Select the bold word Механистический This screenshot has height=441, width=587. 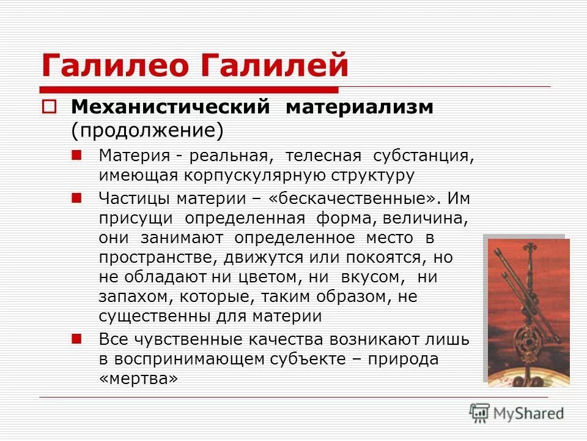[171, 107]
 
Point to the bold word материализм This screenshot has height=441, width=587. [360, 107]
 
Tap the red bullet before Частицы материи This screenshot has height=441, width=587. [77, 198]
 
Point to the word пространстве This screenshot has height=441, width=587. [151, 257]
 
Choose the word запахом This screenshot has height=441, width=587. [130, 296]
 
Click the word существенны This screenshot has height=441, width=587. [155, 316]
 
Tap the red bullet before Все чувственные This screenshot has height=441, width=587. [77, 337]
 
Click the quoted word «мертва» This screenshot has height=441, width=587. [138, 379]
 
